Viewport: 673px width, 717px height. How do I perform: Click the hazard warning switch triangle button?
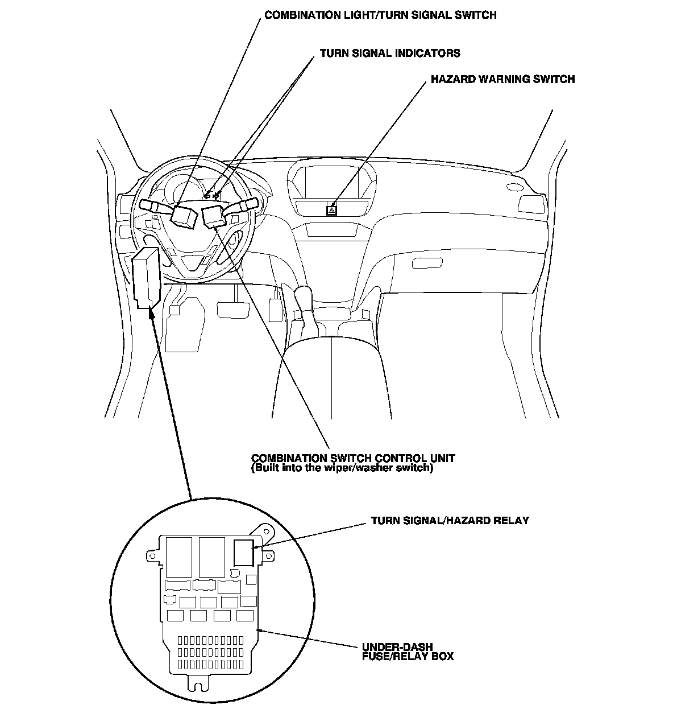331,209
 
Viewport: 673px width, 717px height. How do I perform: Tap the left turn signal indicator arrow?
207,196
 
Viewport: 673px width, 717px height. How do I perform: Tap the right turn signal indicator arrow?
216,196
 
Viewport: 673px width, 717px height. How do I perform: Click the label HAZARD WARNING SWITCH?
502,79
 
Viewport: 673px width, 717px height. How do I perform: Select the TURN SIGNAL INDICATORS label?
390,53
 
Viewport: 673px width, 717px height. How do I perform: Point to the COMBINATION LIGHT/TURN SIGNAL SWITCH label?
380,15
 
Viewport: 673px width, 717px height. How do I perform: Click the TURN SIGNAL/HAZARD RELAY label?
450,520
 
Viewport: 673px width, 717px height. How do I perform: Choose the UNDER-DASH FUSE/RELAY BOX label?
408,652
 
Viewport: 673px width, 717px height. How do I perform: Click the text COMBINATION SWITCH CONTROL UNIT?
353,458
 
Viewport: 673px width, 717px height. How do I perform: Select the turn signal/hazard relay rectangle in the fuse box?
244,553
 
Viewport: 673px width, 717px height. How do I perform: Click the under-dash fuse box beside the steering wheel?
146,278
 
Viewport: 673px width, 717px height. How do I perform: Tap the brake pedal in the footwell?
234,310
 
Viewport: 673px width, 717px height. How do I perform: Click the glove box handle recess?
427,263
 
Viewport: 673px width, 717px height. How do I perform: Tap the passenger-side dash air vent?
531,204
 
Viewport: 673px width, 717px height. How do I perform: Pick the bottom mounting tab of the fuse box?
198,683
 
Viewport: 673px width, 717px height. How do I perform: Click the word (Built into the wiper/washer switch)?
342,468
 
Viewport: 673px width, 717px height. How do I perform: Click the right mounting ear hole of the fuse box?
268,557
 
